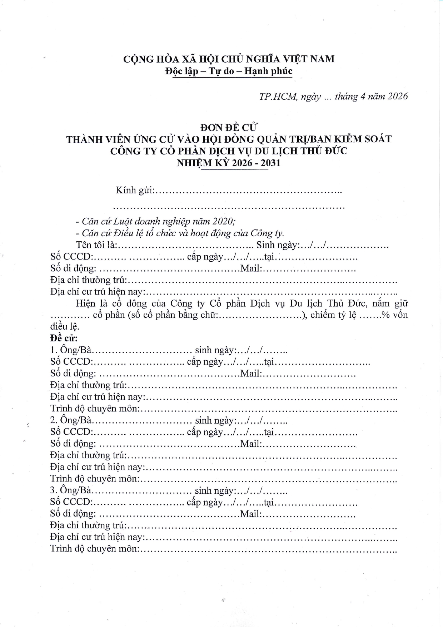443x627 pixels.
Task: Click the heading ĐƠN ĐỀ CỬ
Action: pyautogui.click(x=229, y=127)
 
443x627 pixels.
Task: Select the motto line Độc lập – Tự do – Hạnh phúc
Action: pyautogui.click(x=229, y=71)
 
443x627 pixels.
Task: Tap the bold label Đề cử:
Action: pyautogui.click(x=64, y=338)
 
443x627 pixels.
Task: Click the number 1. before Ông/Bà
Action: pyautogui.click(x=54, y=350)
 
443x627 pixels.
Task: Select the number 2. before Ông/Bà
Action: pyautogui.click(x=54, y=420)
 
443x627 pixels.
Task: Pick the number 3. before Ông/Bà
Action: pyautogui.click(x=54, y=490)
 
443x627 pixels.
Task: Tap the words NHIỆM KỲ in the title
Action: pyautogui.click(x=203, y=163)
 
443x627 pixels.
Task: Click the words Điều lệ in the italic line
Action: pyautogui.click(x=125, y=233)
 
